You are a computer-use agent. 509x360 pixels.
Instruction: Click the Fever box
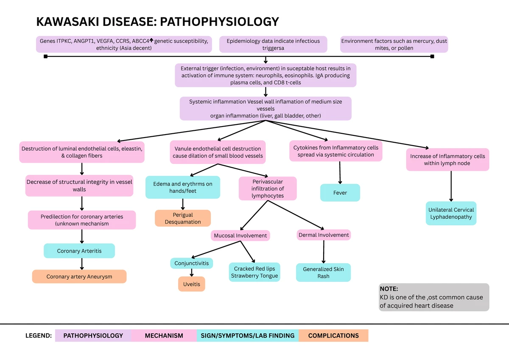pyautogui.click(x=340, y=193)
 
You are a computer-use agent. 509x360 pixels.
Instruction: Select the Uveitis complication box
pyautogui.click(x=192, y=284)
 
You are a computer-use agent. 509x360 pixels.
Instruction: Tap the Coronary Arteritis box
pyautogui.click(x=79, y=251)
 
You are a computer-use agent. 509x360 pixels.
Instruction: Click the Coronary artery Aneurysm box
pyautogui.click(x=79, y=276)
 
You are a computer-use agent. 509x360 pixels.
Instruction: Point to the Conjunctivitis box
pyautogui.click(x=192, y=263)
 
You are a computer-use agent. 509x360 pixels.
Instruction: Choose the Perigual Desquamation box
pyautogui.click(x=183, y=218)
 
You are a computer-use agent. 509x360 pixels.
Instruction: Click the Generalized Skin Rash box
pyautogui.click(x=323, y=273)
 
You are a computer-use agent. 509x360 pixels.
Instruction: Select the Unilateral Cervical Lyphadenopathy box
pyautogui.click(x=451, y=213)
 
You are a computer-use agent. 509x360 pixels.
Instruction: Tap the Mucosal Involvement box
pyautogui.click(x=241, y=235)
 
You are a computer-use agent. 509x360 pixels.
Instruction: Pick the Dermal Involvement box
pyautogui.click(x=324, y=235)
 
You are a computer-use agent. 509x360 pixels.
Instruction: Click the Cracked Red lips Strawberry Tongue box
pyautogui.click(x=255, y=272)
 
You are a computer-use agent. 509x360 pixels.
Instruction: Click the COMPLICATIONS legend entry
pyautogui.click(x=333, y=335)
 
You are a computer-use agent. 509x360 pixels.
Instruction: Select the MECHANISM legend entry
pyautogui.click(x=164, y=335)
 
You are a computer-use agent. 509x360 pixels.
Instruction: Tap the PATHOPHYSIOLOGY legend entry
pyautogui.click(x=93, y=335)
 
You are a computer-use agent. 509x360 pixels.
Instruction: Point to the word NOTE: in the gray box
pyautogui.click(x=389, y=289)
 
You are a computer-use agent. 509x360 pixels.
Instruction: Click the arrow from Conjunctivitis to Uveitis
pyautogui.click(x=192, y=273)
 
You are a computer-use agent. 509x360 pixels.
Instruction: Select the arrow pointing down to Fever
pyautogui.click(x=340, y=173)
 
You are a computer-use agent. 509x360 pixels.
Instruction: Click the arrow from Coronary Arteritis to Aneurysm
pyautogui.click(x=82, y=264)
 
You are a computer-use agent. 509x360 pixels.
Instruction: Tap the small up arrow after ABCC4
pyautogui.click(x=151, y=40)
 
